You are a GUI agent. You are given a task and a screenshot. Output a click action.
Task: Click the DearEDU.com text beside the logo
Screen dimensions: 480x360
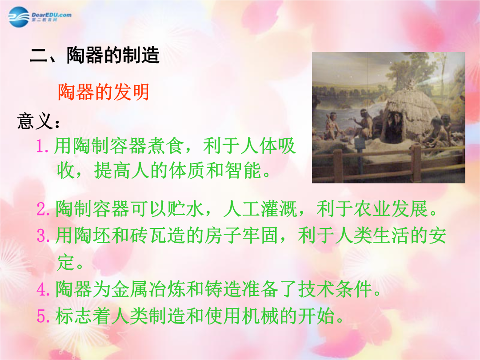click(52, 15)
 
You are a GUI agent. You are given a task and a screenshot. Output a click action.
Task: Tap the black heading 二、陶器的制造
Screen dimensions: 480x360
click(95, 56)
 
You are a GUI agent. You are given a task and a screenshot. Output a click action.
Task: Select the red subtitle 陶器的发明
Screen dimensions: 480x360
click(104, 92)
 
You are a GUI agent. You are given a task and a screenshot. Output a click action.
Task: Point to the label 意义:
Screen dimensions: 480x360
click(38, 121)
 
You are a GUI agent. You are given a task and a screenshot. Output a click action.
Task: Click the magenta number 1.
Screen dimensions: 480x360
click(42, 146)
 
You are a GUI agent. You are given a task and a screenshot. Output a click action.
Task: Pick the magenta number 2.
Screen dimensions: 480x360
click(43, 209)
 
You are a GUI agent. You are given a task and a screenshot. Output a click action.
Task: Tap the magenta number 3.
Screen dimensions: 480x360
click(43, 236)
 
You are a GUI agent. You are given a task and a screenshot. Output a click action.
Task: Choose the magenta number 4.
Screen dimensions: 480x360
click(43, 289)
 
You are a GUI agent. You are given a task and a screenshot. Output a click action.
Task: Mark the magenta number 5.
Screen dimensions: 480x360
click(43, 316)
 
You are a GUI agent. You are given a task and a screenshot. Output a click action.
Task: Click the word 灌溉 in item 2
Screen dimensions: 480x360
click(279, 209)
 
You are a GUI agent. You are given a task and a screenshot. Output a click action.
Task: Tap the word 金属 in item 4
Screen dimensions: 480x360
click(130, 289)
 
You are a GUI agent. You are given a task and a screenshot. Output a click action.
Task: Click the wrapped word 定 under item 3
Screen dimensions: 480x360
click(66, 262)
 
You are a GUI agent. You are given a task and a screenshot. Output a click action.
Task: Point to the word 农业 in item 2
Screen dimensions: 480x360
click(372, 209)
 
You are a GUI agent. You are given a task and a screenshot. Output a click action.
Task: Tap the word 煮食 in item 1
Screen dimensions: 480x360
click(166, 146)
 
